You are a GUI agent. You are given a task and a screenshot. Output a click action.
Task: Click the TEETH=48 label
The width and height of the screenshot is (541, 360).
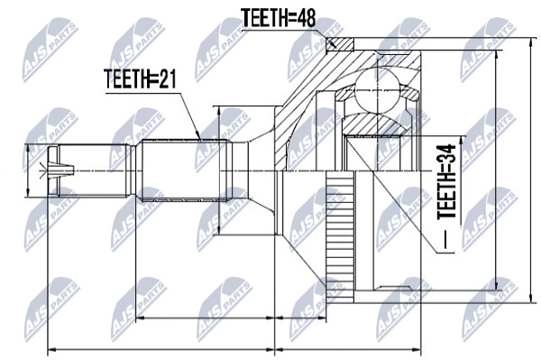coord(278,18)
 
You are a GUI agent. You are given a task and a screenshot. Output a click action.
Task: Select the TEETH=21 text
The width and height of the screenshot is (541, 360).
coord(140,78)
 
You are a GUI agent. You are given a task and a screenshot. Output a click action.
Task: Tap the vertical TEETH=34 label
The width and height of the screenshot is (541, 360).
coord(446,181)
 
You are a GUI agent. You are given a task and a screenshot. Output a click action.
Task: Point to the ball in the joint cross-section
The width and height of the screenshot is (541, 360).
coord(377,89)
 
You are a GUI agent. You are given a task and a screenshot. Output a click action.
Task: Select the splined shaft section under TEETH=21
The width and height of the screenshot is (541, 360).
coord(185,171)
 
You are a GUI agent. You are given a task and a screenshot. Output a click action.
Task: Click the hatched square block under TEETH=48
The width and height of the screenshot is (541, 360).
coord(340,44)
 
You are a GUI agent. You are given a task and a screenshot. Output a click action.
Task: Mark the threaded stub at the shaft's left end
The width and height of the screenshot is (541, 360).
coord(93,171)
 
